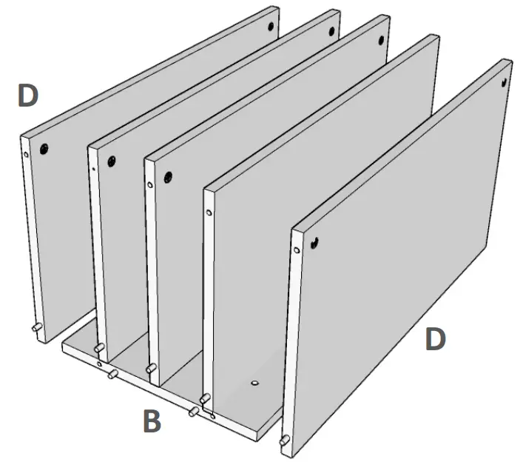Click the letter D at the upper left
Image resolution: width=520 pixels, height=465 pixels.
click(28, 96)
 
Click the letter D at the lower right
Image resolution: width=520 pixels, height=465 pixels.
click(436, 339)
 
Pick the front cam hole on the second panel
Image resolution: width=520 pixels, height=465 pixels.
click(112, 160)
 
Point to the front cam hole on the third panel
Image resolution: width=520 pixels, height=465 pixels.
click(169, 177)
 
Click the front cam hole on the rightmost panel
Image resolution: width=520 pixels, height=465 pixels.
click(315, 241)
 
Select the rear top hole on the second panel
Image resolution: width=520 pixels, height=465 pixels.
click(331, 32)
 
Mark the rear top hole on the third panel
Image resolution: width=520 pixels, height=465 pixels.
click(382, 40)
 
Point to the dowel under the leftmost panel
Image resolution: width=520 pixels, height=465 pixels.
click(35, 327)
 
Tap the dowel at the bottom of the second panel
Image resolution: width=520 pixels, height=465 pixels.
click(98, 347)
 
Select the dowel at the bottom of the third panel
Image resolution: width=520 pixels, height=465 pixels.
click(151, 367)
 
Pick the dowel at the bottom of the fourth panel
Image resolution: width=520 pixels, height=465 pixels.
click(206, 399)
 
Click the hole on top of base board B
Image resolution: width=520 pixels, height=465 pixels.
click(254, 384)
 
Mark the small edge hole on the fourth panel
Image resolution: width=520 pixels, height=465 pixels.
click(210, 213)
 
